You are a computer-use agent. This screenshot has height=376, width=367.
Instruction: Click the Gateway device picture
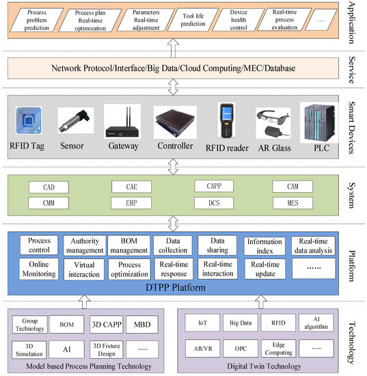(x=123, y=121)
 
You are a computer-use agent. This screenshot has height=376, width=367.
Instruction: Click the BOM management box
(x=129, y=245)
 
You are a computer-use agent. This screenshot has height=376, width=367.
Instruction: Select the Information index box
(x=264, y=245)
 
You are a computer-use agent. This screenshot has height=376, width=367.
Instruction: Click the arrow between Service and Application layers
(x=174, y=48)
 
